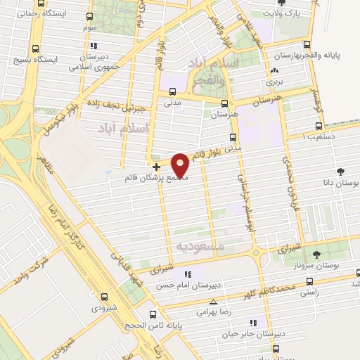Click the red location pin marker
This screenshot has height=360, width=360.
[181, 165]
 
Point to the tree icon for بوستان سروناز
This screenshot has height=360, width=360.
[316, 255]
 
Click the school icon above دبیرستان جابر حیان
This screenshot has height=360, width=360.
[253, 323]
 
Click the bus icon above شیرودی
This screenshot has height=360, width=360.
[105, 297]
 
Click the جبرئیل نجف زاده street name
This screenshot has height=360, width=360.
[115, 106]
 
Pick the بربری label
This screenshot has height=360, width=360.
[274, 82]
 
